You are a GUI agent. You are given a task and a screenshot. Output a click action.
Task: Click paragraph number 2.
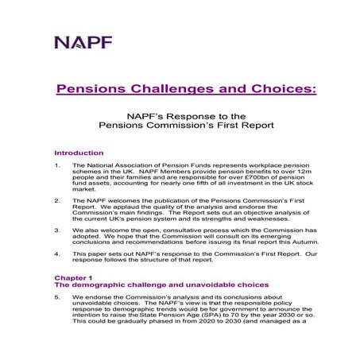56,201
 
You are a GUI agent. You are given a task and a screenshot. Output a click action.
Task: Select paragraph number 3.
56,231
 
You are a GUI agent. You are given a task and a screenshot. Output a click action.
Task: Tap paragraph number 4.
56,254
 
